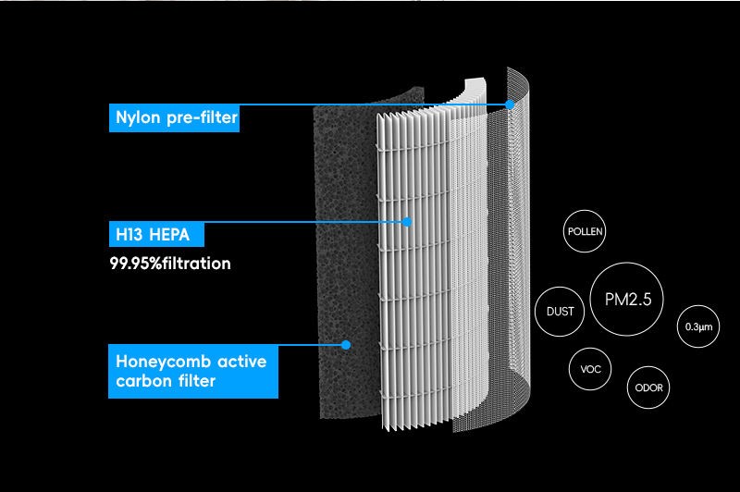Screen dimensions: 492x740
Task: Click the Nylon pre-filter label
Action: point(175,118)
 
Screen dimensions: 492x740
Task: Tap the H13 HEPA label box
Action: point(153,234)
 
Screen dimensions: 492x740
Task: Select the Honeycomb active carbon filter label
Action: point(193,370)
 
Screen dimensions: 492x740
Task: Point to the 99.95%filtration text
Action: point(170,264)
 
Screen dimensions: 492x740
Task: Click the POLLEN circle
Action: point(584,231)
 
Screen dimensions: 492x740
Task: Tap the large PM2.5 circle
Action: point(628,300)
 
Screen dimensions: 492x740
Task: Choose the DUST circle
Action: point(560,312)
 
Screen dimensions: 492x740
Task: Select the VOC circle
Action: point(590,369)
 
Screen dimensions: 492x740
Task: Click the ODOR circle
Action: point(649,387)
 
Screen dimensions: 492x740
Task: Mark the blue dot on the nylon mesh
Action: point(510,105)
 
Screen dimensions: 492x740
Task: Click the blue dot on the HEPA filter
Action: point(407,221)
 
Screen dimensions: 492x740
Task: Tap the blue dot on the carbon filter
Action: point(345,345)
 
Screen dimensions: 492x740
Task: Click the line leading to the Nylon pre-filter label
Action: point(370,105)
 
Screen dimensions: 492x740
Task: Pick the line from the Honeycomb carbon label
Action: point(310,345)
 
